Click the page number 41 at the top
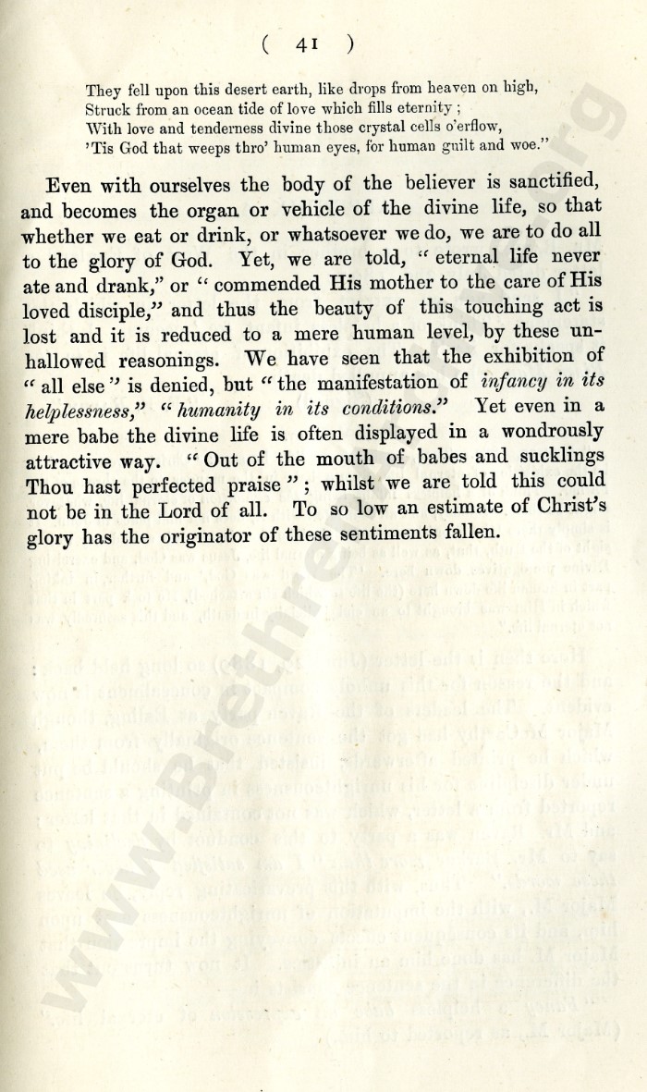(x=307, y=43)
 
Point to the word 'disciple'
(x=112, y=309)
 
